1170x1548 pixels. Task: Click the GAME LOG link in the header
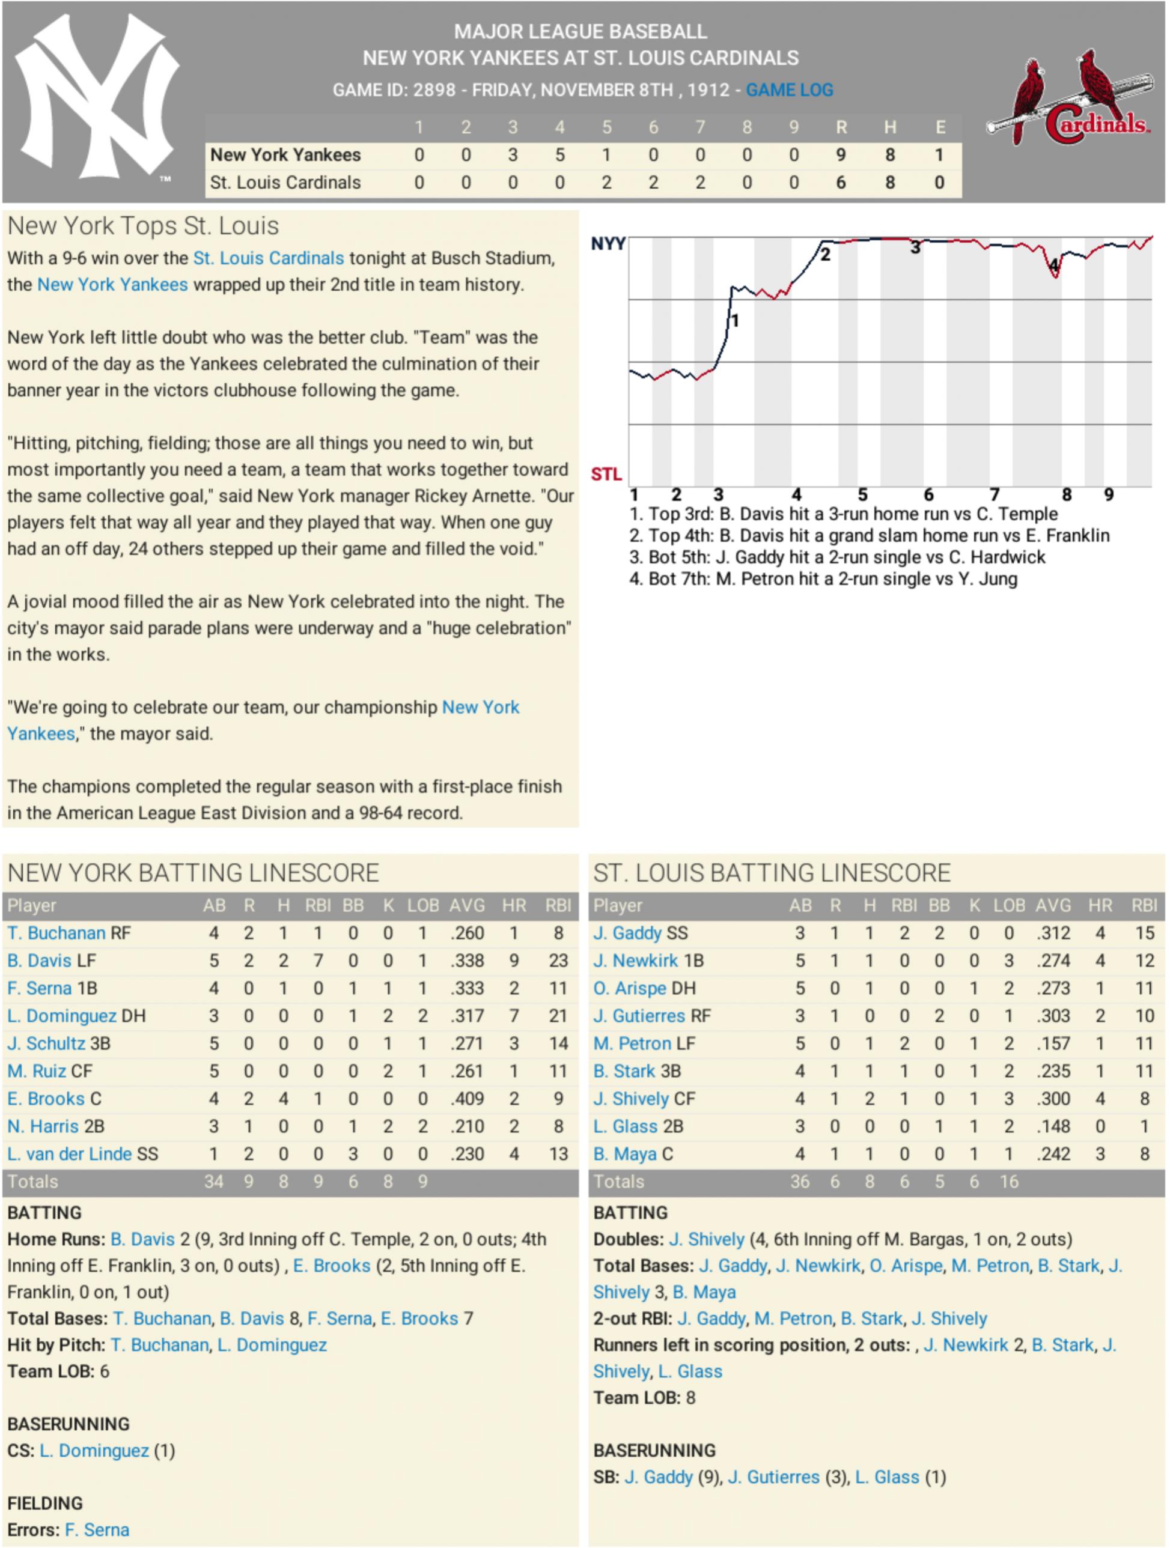(x=789, y=90)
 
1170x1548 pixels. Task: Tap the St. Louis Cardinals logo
(x=1069, y=98)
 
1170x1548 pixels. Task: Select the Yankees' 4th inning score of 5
(x=559, y=156)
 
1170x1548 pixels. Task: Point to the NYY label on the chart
(x=607, y=243)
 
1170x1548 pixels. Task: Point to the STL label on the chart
(x=606, y=475)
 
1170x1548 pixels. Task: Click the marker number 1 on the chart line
(x=734, y=321)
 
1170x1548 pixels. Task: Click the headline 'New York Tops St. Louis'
(x=143, y=226)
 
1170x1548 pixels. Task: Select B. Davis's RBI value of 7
(x=318, y=961)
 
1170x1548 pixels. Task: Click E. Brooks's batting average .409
(x=467, y=1099)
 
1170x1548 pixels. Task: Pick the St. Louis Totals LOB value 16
(x=1008, y=1182)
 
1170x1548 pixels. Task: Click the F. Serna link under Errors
(x=97, y=1530)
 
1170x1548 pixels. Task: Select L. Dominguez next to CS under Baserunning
(x=94, y=1451)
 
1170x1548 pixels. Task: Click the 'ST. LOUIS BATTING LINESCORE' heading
(x=772, y=873)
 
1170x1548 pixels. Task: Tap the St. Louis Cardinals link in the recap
(x=268, y=258)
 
